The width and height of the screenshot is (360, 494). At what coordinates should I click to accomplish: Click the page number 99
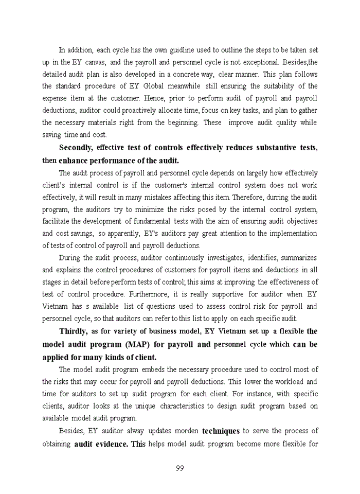click(179, 468)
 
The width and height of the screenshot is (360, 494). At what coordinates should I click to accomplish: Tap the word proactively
click(134, 110)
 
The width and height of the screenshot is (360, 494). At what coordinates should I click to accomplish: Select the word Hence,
click(167, 98)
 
